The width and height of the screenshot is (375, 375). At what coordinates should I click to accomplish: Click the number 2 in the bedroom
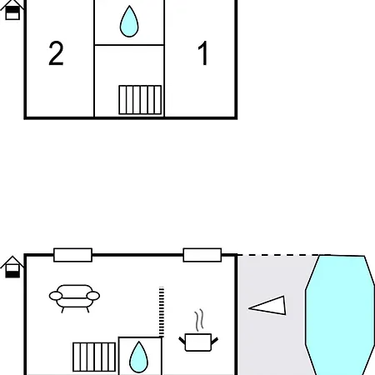click(x=56, y=54)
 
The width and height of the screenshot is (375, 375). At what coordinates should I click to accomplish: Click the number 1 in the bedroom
click(x=202, y=54)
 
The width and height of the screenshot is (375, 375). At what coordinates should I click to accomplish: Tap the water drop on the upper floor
click(x=128, y=22)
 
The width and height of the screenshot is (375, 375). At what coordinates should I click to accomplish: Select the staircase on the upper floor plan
click(x=139, y=100)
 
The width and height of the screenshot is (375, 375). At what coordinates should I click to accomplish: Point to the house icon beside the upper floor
click(x=12, y=11)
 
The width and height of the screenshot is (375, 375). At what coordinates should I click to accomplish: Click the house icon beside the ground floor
click(x=12, y=267)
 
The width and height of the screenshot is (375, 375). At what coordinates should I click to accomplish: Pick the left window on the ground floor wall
click(x=72, y=255)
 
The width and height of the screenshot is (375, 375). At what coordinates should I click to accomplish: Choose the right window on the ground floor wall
click(x=202, y=255)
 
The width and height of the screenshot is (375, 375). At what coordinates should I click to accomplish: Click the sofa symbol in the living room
click(x=74, y=297)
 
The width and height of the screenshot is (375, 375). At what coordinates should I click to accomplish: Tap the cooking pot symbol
click(x=198, y=342)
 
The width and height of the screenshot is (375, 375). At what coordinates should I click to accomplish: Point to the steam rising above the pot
click(x=198, y=320)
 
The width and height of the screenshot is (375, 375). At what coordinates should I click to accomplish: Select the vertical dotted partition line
click(x=161, y=312)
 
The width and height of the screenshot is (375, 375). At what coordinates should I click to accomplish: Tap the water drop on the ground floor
click(x=139, y=357)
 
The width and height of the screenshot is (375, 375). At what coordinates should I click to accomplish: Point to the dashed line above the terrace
click(x=275, y=255)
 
